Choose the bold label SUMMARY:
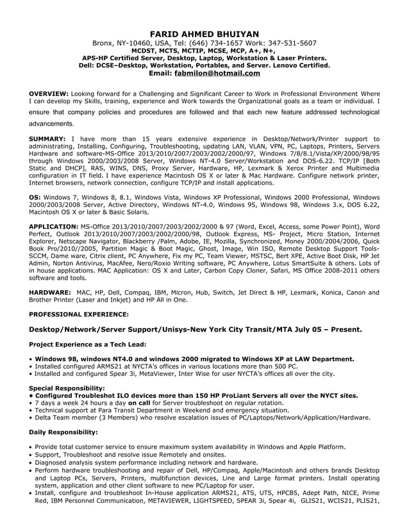[48, 138]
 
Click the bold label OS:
[37, 197]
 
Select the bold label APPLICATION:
[54, 227]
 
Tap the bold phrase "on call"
[140, 403]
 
